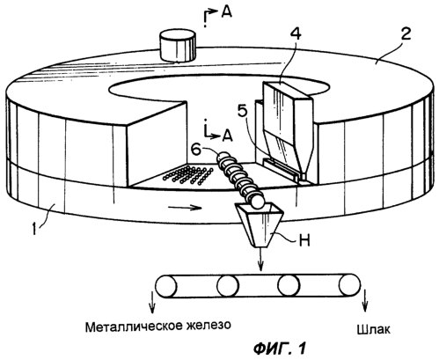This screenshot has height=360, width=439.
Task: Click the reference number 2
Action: point(406,34)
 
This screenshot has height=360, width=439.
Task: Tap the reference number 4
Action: point(295,35)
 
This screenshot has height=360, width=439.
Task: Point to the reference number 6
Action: point(196,150)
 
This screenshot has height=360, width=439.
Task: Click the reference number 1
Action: point(35,228)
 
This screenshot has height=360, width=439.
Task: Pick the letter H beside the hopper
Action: point(304,242)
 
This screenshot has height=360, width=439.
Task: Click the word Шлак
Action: point(373,329)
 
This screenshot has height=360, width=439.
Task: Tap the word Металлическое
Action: point(134,327)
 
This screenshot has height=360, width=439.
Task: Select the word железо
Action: point(209,325)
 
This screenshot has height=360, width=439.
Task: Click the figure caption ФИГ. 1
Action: point(279,349)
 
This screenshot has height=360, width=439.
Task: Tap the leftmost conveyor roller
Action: point(166,287)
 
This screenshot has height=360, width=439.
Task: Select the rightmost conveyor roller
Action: point(349,285)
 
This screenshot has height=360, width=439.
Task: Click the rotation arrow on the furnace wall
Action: point(185,208)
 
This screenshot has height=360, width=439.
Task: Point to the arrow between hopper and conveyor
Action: point(260,259)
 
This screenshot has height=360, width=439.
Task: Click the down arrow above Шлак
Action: point(364,301)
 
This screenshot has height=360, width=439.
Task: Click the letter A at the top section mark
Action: point(226,12)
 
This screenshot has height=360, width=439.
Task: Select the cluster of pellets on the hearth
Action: point(188,175)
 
